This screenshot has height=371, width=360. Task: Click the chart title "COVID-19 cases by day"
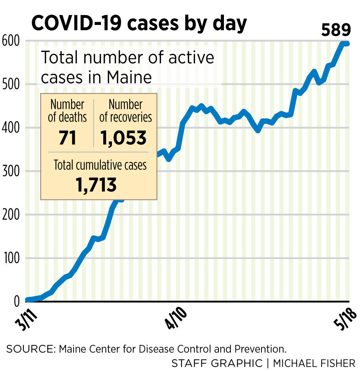tap(139, 23)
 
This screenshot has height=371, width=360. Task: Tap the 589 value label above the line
tap(336, 30)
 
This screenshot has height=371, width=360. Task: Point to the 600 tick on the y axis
tap(11, 41)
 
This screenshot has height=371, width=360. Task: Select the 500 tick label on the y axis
tap(11, 84)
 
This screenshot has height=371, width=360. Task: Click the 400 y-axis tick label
tap(11, 128)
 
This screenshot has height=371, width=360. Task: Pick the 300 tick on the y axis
tap(11, 171)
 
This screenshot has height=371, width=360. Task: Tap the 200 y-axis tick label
tap(11, 215)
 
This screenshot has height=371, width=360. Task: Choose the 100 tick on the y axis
tap(11, 259)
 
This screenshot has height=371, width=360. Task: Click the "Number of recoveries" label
tap(125, 111)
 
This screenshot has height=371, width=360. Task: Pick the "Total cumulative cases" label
tap(100, 165)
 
